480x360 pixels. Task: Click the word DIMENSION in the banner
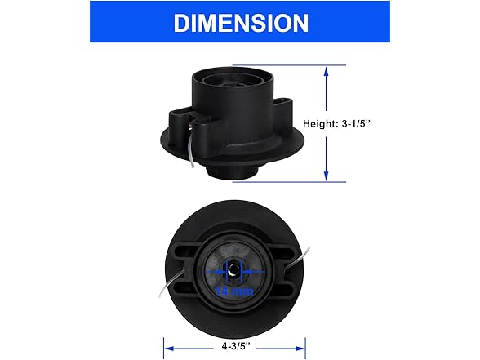(240, 22)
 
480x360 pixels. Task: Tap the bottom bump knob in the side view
(233, 174)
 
